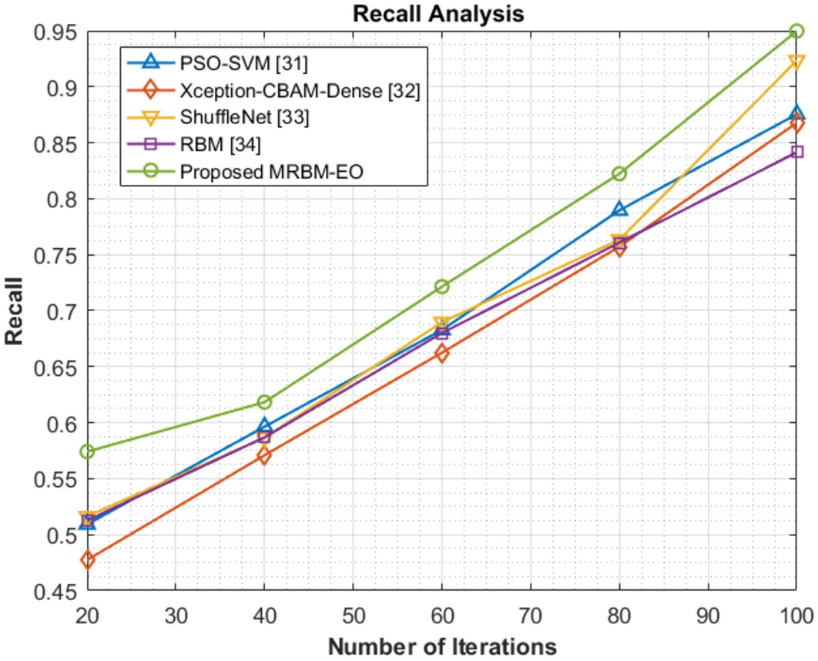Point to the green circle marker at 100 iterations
796,31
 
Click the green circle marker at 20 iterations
87,451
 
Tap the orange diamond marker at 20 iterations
87,560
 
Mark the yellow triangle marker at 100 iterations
796,62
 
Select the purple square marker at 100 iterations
796,152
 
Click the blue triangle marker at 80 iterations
619,209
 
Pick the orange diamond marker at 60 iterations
442,354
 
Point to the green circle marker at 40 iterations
264,402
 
